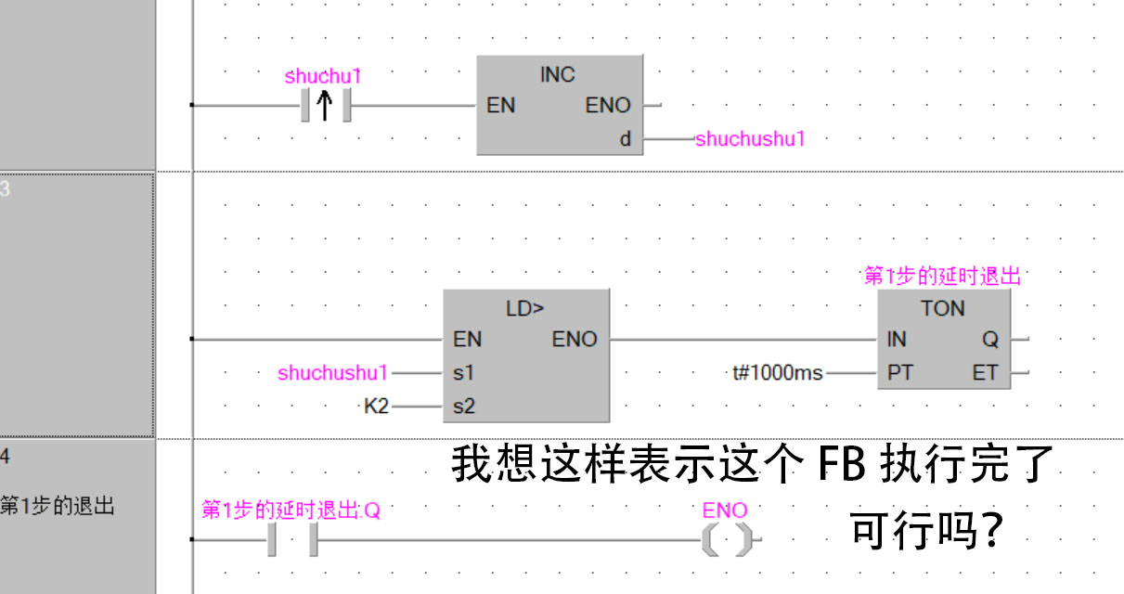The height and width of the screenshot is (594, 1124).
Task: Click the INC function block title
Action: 558,75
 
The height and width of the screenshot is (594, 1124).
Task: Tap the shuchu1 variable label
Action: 322,76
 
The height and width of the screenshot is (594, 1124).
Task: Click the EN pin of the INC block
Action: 500,106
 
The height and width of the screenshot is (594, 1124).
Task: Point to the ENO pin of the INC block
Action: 608,106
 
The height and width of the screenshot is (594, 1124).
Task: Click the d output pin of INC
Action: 626,139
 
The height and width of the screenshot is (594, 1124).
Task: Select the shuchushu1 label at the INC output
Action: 750,139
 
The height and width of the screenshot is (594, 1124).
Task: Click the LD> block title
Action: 525,309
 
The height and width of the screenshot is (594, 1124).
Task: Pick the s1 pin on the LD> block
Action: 463,373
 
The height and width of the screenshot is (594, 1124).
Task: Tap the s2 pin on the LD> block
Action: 463,407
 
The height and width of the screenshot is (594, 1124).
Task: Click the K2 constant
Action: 376,407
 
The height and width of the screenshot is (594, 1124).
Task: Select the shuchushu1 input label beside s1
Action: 332,373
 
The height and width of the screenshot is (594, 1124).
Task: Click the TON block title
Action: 943,309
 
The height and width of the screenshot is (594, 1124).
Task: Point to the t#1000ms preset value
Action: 777,373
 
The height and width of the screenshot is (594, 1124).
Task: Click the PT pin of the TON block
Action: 899,373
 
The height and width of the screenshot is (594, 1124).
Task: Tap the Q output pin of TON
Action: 990,340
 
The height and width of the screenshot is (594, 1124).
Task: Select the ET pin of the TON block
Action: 985,373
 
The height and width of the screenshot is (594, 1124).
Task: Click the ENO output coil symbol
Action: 726,539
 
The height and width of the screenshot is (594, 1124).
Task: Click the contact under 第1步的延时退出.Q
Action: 292,539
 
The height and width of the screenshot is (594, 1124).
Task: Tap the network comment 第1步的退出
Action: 58,507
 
